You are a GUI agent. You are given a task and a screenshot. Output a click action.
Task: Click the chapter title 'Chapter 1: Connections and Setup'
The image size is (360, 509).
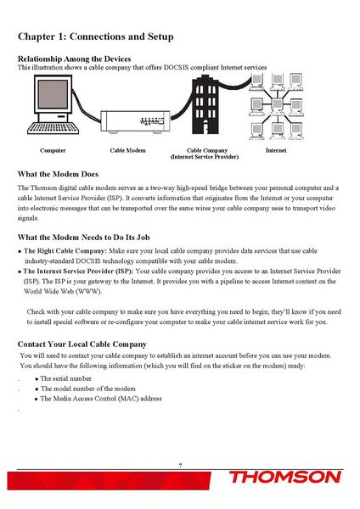click(x=96, y=37)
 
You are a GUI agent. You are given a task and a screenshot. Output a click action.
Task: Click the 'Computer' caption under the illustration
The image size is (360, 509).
click(x=53, y=150)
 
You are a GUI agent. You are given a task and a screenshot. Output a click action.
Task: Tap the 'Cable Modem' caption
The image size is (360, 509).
click(x=130, y=150)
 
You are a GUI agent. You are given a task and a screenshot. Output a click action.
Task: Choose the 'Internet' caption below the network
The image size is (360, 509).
click(x=276, y=150)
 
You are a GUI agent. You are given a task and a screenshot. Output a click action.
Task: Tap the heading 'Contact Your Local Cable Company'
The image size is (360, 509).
click(x=82, y=344)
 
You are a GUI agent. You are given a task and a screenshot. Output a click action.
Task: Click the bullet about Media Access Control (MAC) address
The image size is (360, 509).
click(x=101, y=399)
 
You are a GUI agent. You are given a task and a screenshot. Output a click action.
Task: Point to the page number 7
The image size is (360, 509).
click(x=180, y=466)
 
